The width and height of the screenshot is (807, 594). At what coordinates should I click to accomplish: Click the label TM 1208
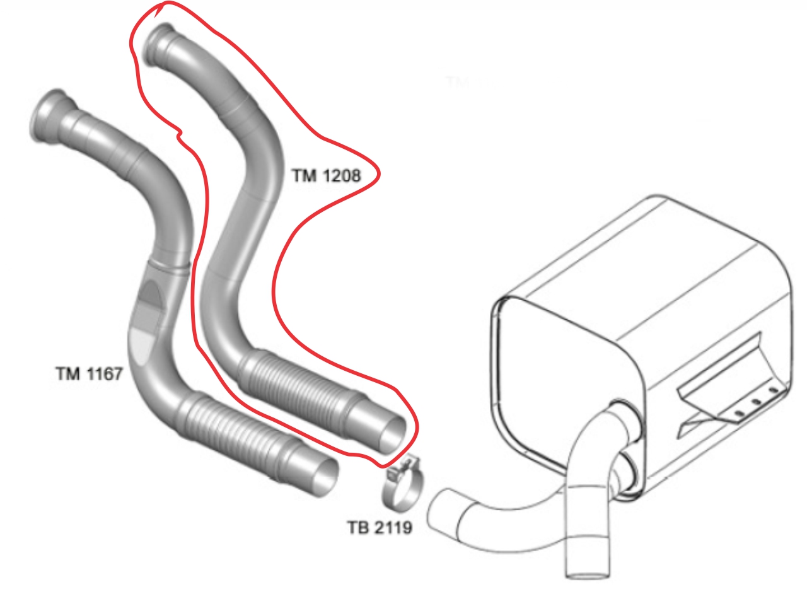pos(326,176)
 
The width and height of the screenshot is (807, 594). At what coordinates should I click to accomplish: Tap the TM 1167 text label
pos(88,374)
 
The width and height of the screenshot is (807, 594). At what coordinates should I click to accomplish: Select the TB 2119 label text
pos(379,526)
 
